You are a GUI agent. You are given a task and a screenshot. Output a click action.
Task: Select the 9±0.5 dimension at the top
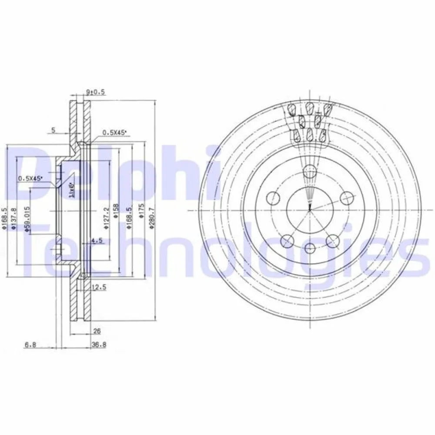(96, 92)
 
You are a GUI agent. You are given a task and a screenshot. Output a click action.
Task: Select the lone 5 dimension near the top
(53, 130)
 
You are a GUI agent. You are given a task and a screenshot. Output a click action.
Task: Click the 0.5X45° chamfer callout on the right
(114, 133)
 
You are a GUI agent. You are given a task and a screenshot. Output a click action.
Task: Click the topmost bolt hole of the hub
(310, 172)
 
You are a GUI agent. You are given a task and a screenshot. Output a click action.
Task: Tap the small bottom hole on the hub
(310, 248)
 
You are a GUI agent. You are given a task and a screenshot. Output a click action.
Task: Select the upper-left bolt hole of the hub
(273, 198)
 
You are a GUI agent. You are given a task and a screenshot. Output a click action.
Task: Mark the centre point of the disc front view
(310, 211)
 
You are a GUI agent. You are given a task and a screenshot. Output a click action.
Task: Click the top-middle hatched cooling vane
(310, 107)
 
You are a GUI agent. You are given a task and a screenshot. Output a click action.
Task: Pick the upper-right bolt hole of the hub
(346, 198)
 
